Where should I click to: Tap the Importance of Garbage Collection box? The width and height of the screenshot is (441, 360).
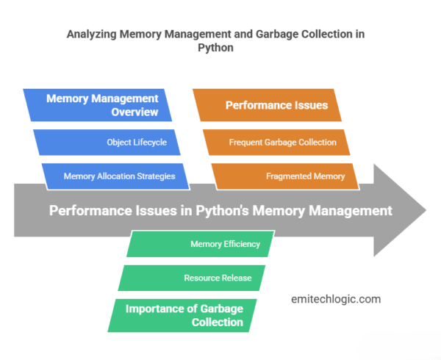184,314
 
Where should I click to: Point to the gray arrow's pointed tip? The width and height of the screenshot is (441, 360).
425,210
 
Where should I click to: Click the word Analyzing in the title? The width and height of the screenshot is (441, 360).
93,35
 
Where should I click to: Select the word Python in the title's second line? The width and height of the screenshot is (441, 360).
220,49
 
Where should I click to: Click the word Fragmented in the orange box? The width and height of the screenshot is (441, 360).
290,176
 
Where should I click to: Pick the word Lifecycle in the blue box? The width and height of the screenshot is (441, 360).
149,142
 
